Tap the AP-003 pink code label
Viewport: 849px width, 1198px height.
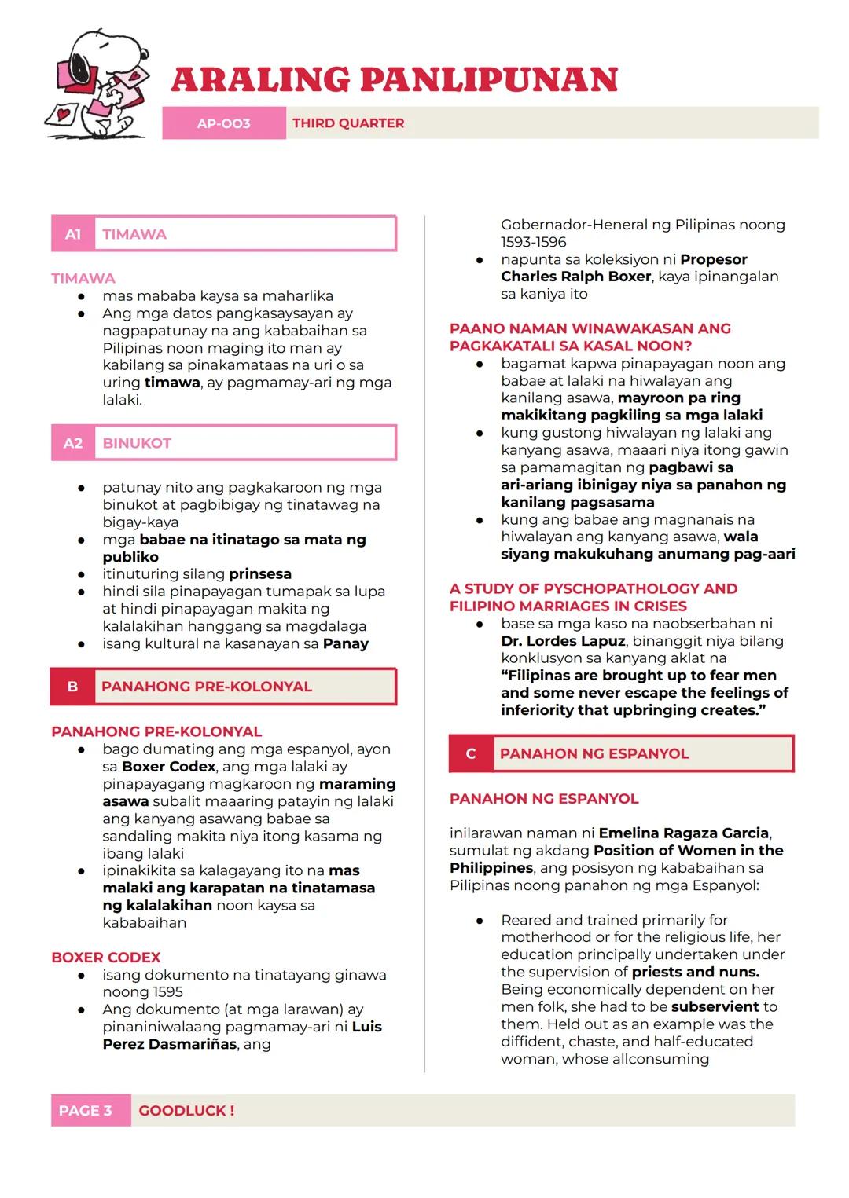point(223,123)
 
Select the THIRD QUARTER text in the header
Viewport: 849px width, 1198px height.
point(348,123)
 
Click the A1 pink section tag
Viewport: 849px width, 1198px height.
point(73,234)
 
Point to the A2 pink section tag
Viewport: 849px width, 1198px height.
point(73,443)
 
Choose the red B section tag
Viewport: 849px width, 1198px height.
point(72,687)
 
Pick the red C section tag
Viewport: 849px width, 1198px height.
point(471,753)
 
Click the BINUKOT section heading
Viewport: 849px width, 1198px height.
point(137,443)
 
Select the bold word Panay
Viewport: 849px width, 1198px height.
point(346,643)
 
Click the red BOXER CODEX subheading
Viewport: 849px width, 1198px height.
point(105,958)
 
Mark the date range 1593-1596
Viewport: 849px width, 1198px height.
point(534,242)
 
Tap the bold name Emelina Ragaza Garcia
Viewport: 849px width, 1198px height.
point(684,833)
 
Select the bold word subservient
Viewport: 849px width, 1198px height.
point(715,1006)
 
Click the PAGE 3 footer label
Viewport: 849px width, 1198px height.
point(86,1111)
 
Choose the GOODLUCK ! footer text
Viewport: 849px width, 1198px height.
point(186,1111)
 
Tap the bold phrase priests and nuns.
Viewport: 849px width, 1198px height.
point(696,972)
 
